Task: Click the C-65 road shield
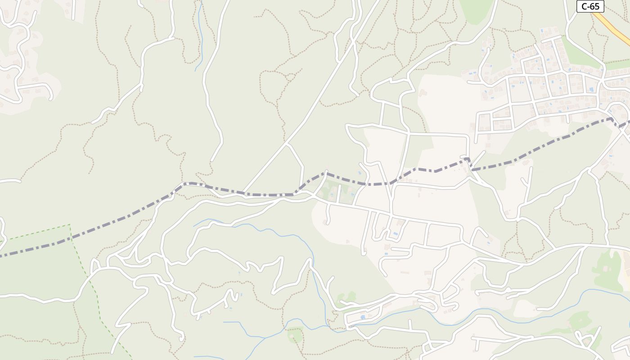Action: [x=590, y=6]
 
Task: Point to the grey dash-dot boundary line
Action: [x=112, y=220]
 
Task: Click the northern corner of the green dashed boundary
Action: [x=70, y=225]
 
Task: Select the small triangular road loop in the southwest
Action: [x=95, y=266]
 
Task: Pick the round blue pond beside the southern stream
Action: [x=363, y=317]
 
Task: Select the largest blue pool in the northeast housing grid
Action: [x=591, y=90]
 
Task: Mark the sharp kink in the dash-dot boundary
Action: [x=468, y=159]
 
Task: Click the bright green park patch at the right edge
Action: [x=607, y=270]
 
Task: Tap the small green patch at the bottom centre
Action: [x=295, y=335]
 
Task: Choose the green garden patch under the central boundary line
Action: [x=335, y=191]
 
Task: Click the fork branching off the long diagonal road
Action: [x=287, y=144]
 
